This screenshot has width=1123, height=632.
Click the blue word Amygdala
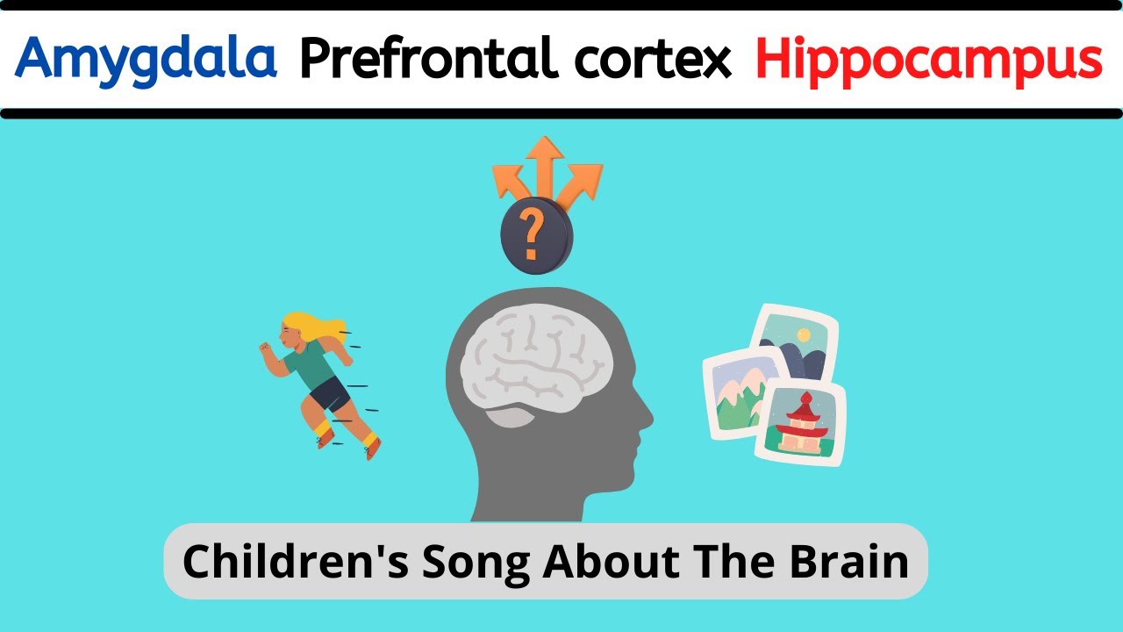(146, 59)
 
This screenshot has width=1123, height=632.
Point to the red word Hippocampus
(928, 59)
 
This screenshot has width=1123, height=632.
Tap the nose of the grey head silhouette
(647, 413)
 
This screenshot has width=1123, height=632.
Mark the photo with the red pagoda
(800, 422)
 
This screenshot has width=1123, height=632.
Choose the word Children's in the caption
(295, 562)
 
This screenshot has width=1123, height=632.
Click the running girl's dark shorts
(329, 393)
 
